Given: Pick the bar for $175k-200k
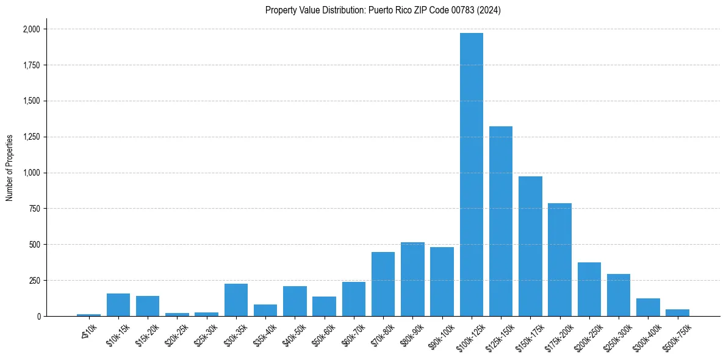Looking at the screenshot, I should tap(559, 259).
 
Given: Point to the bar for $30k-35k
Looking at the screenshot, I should tap(236, 300).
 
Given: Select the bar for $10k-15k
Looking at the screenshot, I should tap(118, 304).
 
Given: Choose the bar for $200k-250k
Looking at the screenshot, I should tap(589, 289).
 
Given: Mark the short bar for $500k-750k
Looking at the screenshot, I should tap(677, 312).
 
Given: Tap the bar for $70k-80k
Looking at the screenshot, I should tap(383, 284).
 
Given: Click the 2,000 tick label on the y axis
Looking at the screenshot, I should tap(31, 29).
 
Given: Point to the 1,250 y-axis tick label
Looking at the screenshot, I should tap(31, 137).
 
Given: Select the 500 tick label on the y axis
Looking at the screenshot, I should tap(35, 245).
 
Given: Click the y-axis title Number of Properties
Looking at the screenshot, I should tap(10, 168).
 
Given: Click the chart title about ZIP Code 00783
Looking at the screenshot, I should tap(383, 10).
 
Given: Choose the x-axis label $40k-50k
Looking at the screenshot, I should tap(294, 334).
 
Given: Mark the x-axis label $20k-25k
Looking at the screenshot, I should tap(176, 334).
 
